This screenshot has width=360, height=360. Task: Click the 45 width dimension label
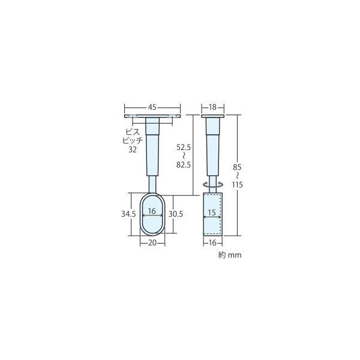click(x=152, y=107)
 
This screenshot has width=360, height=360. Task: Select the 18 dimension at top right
click(x=212, y=107)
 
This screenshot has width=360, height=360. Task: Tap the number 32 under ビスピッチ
click(x=133, y=149)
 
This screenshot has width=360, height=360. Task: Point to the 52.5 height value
click(x=184, y=148)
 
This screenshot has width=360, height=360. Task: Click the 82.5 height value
click(x=184, y=164)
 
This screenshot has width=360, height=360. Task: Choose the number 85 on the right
click(x=237, y=167)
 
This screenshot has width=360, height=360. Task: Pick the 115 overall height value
click(x=237, y=185)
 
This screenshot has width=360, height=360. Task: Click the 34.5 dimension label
click(x=128, y=214)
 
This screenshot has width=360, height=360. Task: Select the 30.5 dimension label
click(x=176, y=214)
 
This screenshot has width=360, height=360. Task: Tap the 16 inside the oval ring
click(x=152, y=211)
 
